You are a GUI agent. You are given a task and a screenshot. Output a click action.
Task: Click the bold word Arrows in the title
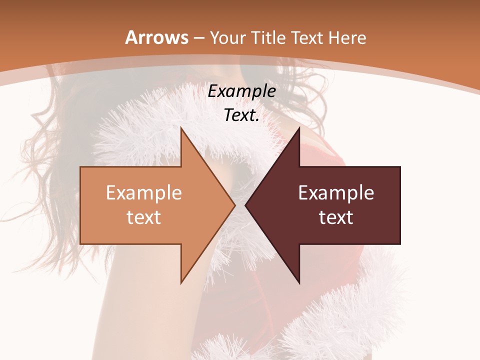click(156, 37)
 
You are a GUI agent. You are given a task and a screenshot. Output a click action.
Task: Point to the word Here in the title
click(348, 38)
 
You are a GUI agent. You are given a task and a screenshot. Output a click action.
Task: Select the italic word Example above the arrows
click(242, 91)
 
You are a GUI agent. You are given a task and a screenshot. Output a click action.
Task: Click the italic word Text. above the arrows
click(242, 115)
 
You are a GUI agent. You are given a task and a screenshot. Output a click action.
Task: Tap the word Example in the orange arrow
click(144, 193)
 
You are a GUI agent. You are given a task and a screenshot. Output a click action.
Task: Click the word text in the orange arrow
click(144, 217)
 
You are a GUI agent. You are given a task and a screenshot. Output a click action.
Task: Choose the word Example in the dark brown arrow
click(336, 193)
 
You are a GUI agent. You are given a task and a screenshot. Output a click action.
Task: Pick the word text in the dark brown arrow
click(336, 217)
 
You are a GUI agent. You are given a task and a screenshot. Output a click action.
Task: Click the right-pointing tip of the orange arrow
click(235, 205)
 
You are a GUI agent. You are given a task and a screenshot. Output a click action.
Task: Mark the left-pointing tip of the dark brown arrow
click(245, 205)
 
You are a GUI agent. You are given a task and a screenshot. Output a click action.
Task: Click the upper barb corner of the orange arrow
click(181, 127)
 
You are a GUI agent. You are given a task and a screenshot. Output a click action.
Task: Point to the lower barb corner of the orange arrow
click(181, 283)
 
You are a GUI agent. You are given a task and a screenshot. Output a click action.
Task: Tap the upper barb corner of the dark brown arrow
click(299, 127)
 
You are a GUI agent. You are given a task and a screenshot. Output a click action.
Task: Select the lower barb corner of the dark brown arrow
click(299, 283)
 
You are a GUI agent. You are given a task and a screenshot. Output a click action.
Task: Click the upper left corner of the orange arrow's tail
click(80, 166)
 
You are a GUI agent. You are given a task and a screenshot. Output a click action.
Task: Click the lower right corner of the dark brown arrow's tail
click(400, 244)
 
